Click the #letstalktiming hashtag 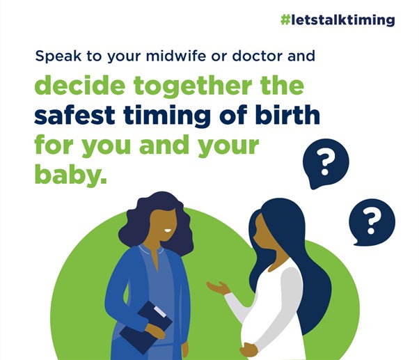338,20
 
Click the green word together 193,86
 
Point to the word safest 74,115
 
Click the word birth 287,115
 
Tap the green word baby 70,173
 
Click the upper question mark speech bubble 326,163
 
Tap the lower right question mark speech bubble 372,221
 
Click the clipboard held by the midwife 145,327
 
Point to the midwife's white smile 168,230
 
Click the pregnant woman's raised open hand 218,288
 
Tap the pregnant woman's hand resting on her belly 248,349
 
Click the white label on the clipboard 159,312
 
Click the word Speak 58,56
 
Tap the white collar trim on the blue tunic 151,251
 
